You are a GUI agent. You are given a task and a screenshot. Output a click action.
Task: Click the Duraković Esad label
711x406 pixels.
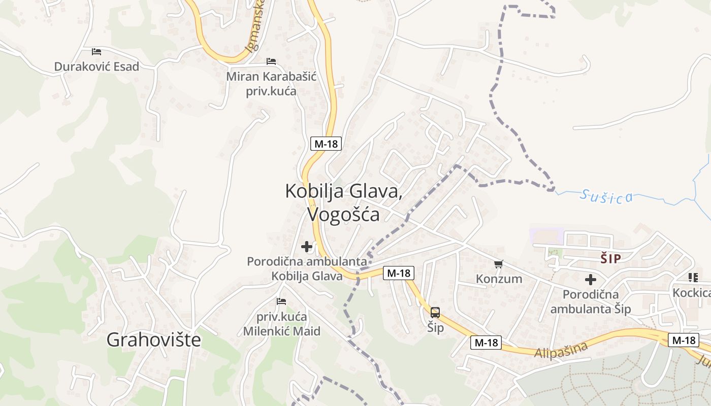click(96, 66)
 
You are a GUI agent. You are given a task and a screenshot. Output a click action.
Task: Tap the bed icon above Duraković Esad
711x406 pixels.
click(96, 52)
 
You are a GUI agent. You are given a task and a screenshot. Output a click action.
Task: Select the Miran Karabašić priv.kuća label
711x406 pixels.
click(271, 84)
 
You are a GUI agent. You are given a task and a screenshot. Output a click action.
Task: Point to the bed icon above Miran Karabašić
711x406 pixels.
click(271, 61)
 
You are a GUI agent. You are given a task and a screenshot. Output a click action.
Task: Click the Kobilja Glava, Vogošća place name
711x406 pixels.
click(344, 202)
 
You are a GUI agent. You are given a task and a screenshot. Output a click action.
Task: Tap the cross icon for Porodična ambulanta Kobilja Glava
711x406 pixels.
click(307, 247)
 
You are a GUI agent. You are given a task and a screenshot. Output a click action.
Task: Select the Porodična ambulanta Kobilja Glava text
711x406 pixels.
click(307, 268)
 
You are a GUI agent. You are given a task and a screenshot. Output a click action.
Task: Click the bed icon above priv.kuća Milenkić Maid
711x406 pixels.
click(281, 301)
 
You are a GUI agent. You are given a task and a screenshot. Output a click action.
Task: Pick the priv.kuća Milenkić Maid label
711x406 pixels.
click(281, 324)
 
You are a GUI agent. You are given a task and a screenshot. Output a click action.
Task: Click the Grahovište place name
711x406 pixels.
click(153, 340)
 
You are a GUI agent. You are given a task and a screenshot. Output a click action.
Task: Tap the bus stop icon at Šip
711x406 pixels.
click(435, 312)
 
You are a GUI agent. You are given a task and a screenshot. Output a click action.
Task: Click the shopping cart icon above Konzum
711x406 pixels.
click(499, 264)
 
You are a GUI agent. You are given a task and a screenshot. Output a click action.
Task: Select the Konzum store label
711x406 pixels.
click(499, 279)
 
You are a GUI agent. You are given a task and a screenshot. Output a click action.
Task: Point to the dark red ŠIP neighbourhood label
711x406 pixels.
click(610, 259)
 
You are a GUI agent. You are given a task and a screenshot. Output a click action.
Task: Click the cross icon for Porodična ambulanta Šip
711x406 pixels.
click(590, 279)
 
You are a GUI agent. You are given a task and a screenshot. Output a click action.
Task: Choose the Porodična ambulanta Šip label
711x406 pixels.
click(591, 301)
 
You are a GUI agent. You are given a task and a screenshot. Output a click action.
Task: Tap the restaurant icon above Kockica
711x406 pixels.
click(693, 277)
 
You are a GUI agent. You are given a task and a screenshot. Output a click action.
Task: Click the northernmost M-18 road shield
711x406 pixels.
click(326, 144)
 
